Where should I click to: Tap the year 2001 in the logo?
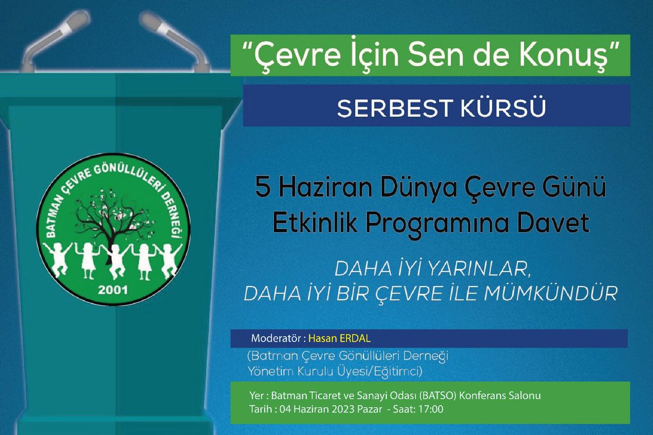point(110,289)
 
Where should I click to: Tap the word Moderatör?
point(276,338)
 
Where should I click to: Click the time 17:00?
point(432,409)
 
